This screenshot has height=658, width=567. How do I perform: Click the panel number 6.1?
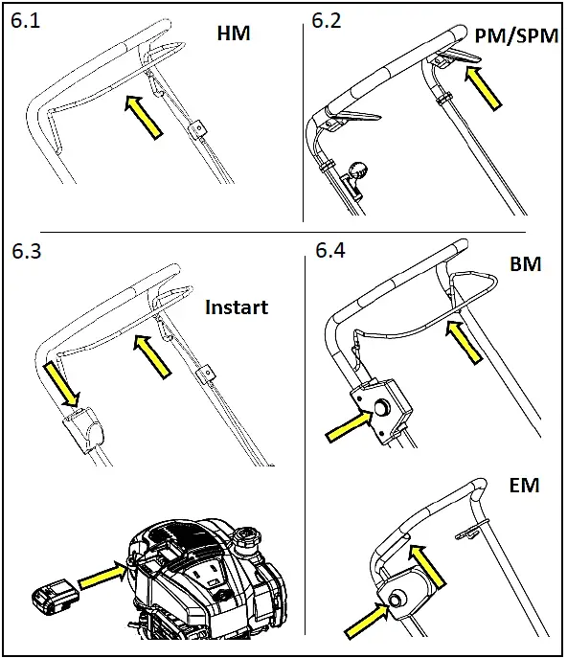[x=26, y=20]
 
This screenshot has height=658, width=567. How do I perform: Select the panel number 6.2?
[x=328, y=20]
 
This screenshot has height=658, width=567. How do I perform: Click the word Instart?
[x=237, y=307]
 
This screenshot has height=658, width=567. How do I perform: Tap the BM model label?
[x=526, y=263]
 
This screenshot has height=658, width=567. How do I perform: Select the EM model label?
[x=526, y=486]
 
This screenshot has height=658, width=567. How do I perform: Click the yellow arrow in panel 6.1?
[x=144, y=111]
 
